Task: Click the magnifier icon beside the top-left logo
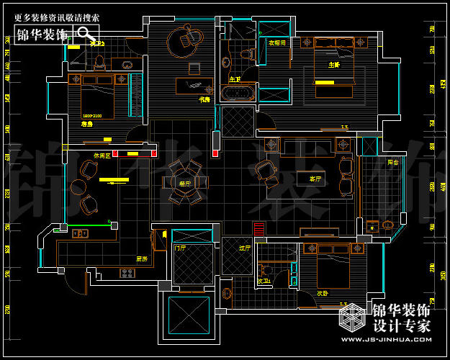[x=86, y=34]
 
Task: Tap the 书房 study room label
[x=204, y=99]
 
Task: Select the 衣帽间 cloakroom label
[x=277, y=42]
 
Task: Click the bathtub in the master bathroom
[x=237, y=93]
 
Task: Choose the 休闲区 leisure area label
[x=101, y=156]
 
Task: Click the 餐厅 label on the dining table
[x=185, y=184]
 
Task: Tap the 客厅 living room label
[x=315, y=178]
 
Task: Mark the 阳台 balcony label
[x=392, y=163]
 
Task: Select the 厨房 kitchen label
[x=142, y=258]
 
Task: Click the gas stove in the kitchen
[x=127, y=273]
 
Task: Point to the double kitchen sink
[x=79, y=233]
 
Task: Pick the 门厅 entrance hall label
[x=180, y=248]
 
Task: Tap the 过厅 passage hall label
[x=244, y=248]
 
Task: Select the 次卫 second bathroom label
[x=263, y=282]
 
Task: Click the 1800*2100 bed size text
[x=92, y=115]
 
